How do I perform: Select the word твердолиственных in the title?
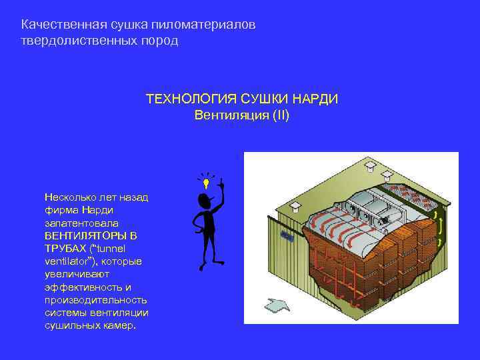77,41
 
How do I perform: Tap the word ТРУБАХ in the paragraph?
67,249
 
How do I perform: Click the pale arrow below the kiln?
278,305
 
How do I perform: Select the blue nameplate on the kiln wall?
288,236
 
